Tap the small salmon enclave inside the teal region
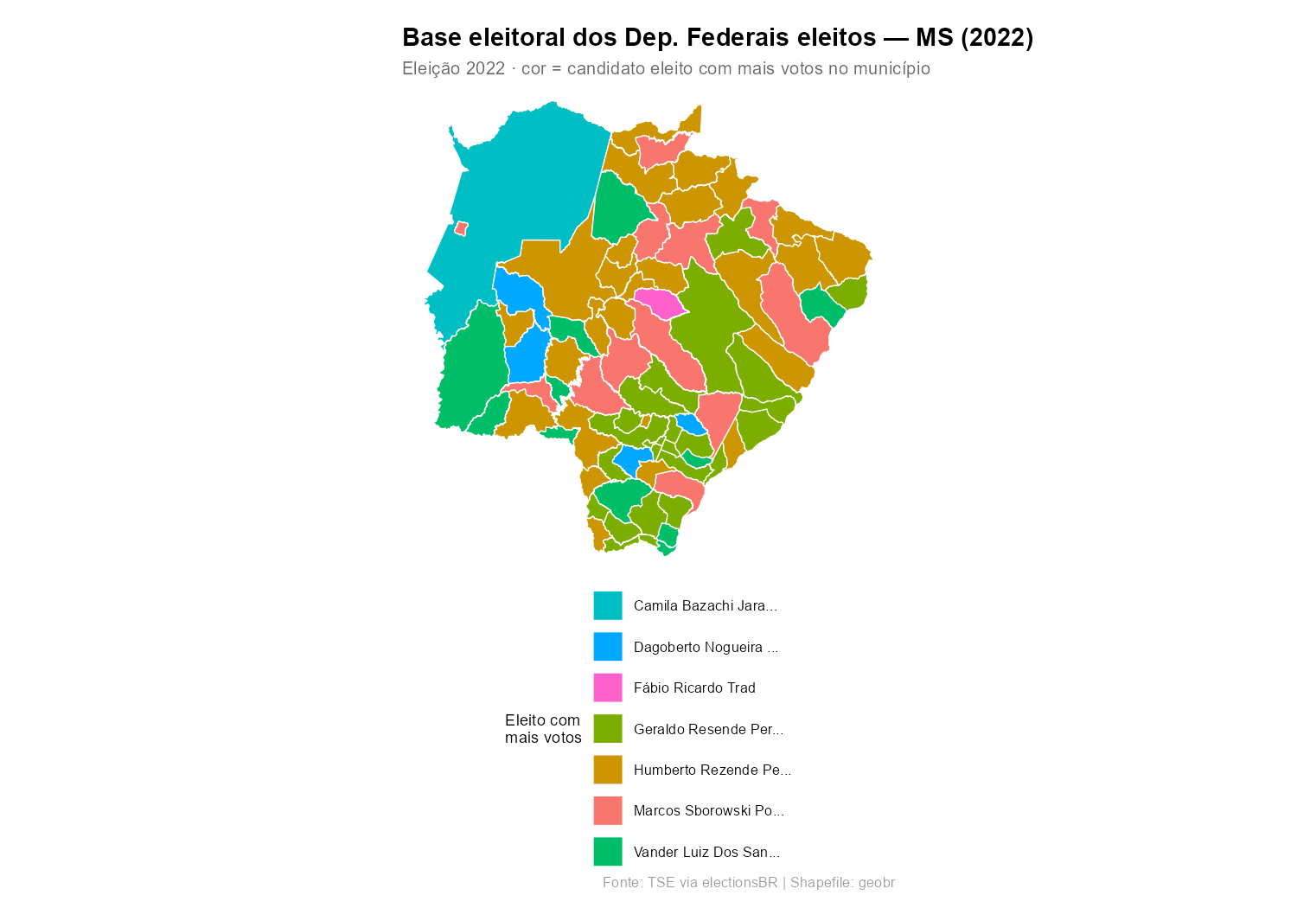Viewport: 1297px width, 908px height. tap(462, 228)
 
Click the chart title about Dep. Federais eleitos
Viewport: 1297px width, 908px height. tap(718, 38)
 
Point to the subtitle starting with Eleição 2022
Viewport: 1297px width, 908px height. tap(666, 68)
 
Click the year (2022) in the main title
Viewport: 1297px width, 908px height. tap(996, 38)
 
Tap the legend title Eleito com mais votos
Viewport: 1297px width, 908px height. tap(543, 729)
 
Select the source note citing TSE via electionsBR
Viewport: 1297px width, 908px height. tap(749, 883)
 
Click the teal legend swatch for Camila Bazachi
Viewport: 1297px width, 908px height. tap(608, 605)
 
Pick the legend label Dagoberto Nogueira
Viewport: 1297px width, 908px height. tap(706, 647)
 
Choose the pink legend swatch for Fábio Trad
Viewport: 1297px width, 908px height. tap(608, 687)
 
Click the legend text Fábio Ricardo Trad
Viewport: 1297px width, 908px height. tap(694, 687)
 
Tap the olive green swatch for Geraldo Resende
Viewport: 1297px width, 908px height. tap(608, 729)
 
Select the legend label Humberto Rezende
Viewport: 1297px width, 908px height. tap(712, 770)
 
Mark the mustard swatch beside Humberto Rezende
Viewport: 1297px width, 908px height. tap(608, 770)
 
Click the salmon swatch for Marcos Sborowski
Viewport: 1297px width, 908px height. tap(608, 810)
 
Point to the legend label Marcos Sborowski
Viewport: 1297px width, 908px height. tap(708, 810)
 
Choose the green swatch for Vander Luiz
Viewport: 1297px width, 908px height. tap(608, 852)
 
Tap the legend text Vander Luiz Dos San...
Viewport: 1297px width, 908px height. tap(706, 852)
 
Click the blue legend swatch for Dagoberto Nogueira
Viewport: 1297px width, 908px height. tap(608, 647)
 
